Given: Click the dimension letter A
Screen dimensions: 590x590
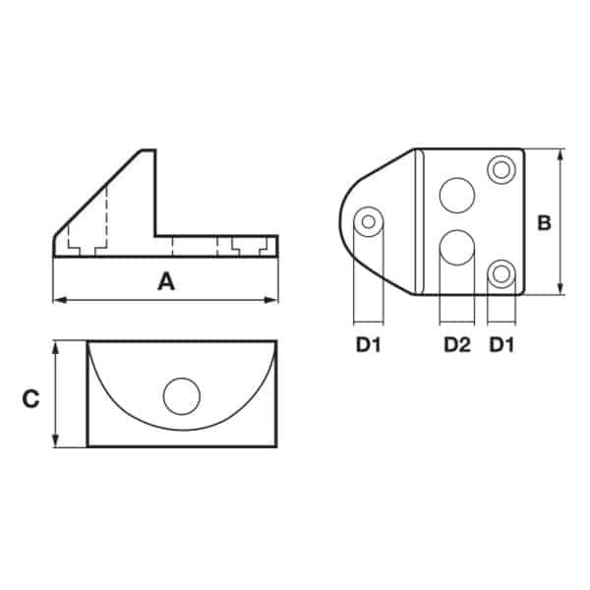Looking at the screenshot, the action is (x=166, y=281).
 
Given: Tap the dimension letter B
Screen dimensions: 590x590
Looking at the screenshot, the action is (x=545, y=223).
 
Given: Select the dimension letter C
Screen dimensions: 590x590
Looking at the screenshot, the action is (x=30, y=399).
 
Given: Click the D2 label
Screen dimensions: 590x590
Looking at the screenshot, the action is (x=457, y=344).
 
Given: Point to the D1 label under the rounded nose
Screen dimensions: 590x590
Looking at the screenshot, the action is (x=369, y=344).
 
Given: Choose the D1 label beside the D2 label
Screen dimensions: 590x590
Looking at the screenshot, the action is (x=501, y=344).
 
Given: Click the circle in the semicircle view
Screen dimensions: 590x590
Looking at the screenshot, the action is (x=182, y=396).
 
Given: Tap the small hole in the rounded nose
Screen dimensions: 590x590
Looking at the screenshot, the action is (x=369, y=221).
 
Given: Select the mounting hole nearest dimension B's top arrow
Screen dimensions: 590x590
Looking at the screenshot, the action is (x=501, y=170).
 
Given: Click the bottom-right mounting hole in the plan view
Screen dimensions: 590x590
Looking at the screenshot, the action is (x=501, y=274).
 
